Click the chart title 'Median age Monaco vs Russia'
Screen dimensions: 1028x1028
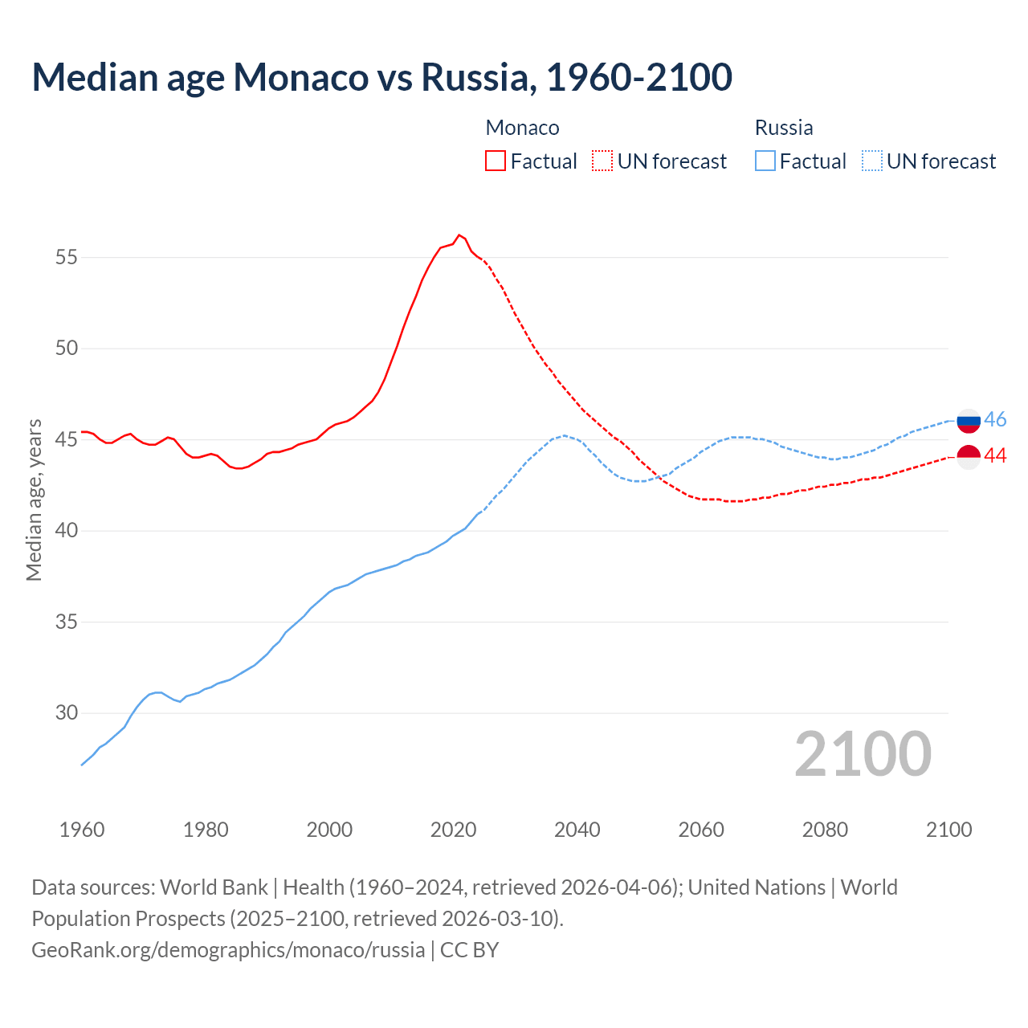(x=381, y=77)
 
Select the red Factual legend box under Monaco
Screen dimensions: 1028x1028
(x=496, y=161)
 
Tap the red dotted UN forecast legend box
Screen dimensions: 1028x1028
(x=602, y=161)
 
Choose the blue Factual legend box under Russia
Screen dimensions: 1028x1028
(x=765, y=161)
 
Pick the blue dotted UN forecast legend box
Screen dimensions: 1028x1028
(x=871, y=161)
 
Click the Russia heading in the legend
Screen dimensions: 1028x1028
(x=784, y=128)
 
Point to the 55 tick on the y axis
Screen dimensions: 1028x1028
(x=67, y=258)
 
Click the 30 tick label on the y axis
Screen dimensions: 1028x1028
(x=67, y=713)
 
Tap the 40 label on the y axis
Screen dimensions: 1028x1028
(x=67, y=531)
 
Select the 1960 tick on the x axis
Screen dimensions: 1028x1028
(x=82, y=830)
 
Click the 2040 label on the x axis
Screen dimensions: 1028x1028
(x=577, y=830)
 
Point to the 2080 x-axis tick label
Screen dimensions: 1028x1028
(x=825, y=830)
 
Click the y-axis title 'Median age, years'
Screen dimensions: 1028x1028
(x=34, y=500)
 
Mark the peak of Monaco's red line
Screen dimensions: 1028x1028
(x=459, y=235)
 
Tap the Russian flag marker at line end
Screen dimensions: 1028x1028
(x=969, y=420)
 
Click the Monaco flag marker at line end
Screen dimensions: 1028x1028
(x=969, y=456)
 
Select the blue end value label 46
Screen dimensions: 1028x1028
(x=995, y=420)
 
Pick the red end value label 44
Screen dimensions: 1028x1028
(x=995, y=456)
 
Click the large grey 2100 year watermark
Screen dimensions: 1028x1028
(x=863, y=754)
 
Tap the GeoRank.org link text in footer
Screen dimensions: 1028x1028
(x=228, y=950)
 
